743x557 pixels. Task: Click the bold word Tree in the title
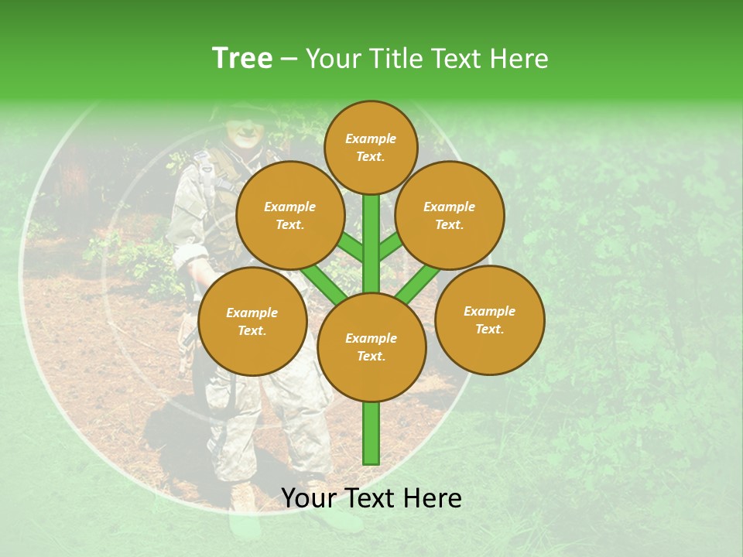tap(242, 58)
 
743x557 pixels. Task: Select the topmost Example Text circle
tap(371, 147)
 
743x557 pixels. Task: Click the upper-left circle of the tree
tap(290, 215)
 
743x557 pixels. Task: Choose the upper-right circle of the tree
tap(449, 215)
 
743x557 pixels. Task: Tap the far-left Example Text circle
tap(252, 321)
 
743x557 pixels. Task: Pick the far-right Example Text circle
tap(489, 320)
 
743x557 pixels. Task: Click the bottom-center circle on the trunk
tap(371, 347)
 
